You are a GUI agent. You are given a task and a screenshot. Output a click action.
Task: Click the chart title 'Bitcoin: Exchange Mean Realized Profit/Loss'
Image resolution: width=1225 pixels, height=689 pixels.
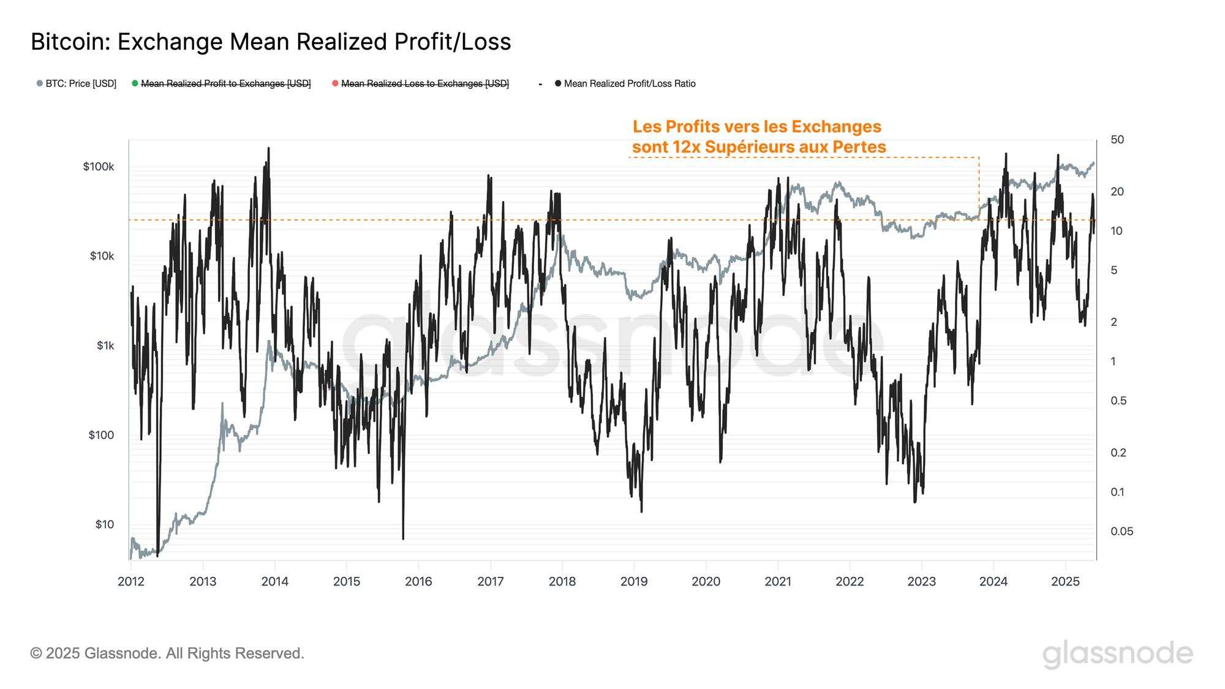point(271,42)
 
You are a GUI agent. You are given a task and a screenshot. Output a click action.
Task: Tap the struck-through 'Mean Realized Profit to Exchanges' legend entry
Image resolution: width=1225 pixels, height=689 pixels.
point(225,84)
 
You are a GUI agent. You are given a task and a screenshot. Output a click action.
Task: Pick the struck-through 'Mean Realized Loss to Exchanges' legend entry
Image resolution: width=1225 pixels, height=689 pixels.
point(425,84)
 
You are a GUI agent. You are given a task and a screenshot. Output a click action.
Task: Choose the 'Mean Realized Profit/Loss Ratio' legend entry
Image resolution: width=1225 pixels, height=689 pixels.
point(630,84)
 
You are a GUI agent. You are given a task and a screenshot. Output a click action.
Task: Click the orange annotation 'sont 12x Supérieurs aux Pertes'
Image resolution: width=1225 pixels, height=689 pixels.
point(759,147)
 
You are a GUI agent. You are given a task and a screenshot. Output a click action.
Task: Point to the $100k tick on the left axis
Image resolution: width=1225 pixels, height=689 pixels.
point(99,167)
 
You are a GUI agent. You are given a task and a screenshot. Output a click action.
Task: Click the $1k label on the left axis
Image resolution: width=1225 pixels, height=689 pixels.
point(105,345)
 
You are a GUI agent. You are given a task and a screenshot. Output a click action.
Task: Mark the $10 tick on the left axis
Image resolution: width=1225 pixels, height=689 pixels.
point(104,524)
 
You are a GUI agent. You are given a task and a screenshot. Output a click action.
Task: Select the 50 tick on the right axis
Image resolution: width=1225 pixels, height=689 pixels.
point(1117,140)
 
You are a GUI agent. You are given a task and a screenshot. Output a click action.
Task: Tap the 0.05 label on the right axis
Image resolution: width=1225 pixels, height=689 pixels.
point(1121,532)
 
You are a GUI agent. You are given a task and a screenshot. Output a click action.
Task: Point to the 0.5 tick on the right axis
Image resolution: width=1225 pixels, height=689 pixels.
point(1118,401)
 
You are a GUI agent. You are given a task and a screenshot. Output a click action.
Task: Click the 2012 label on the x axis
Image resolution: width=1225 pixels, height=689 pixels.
point(130,582)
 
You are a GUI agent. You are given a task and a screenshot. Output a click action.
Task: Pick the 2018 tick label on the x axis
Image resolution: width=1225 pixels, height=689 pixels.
point(562,582)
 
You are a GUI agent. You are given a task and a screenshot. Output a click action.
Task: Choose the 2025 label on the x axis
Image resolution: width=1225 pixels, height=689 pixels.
point(1065,582)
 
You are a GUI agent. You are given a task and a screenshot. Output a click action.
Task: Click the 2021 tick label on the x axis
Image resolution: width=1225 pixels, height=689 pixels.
point(778,582)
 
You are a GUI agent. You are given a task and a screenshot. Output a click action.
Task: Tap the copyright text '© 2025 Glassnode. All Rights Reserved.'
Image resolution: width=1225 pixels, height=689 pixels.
point(167,653)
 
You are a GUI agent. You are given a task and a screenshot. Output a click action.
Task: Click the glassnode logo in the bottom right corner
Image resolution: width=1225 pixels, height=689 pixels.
point(1118,654)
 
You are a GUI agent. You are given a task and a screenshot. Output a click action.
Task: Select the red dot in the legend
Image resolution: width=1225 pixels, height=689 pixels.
point(335,83)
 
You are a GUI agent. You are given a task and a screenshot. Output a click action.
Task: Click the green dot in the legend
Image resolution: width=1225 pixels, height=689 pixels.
point(135,83)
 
